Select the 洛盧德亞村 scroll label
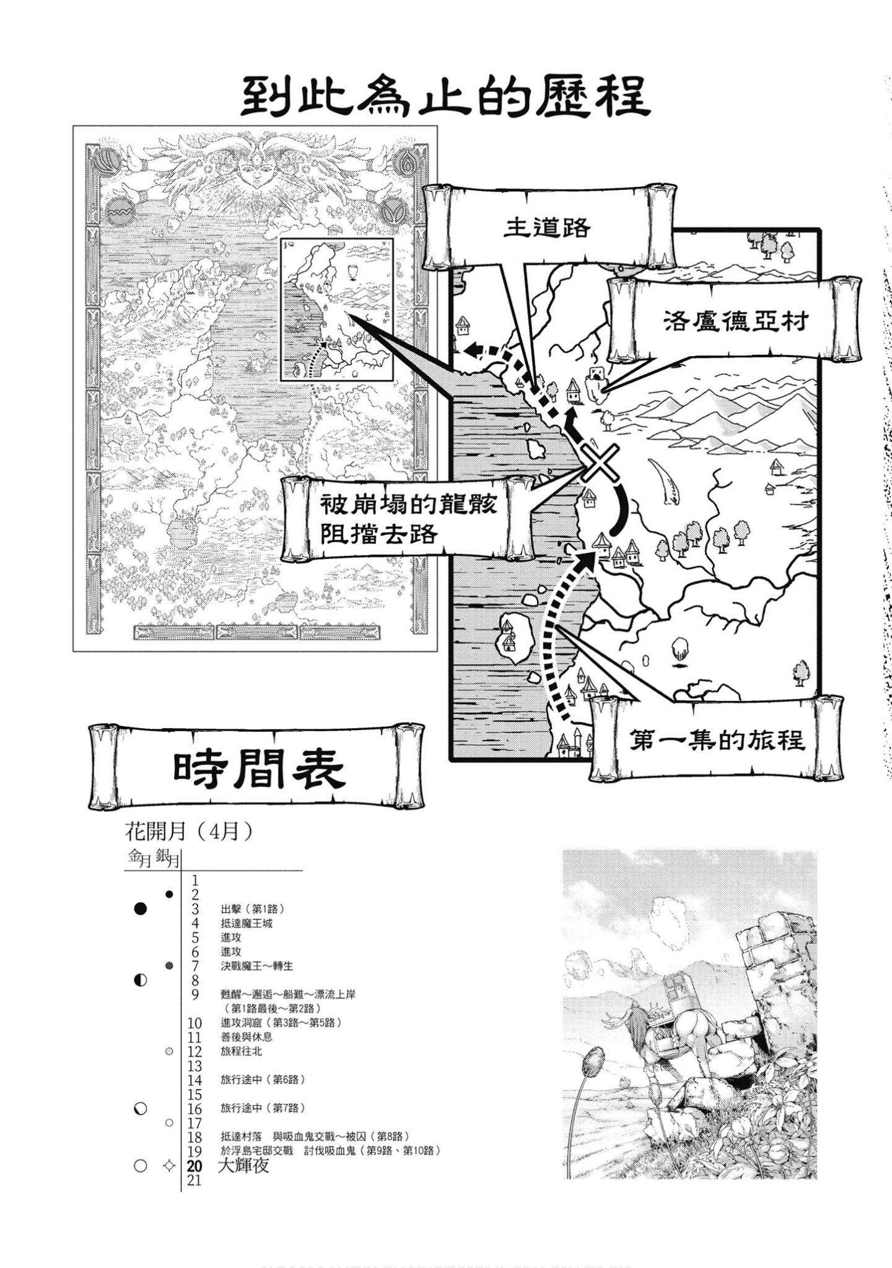[x=735, y=321]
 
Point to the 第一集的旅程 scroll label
[x=717, y=739]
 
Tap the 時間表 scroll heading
[x=258, y=768]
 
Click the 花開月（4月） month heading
[x=189, y=832]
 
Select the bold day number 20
[x=195, y=1166]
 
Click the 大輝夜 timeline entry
[x=244, y=1166]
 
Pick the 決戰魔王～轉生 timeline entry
[x=256, y=966]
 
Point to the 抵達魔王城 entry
[x=247, y=923]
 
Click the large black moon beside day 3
[x=141, y=909]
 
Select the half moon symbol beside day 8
[x=141, y=980]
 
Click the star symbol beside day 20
[x=168, y=1166]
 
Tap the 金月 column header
[x=139, y=858]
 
